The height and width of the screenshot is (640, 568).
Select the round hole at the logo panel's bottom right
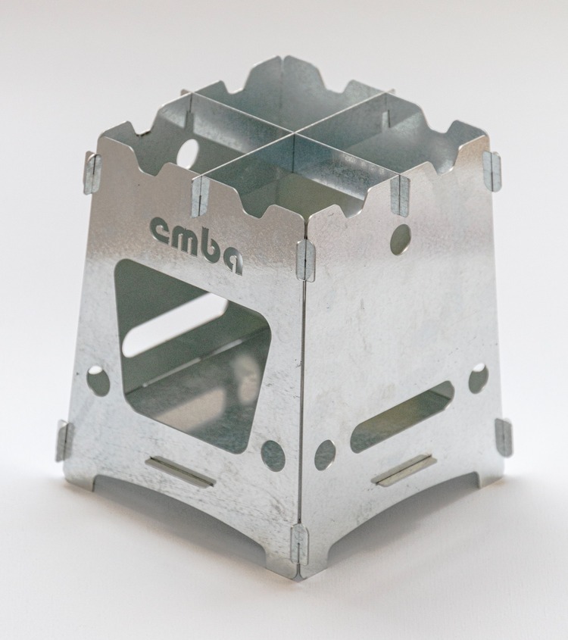pyautogui.click(x=273, y=454)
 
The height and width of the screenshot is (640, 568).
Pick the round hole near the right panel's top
pyautogui.click(x=400, y=238)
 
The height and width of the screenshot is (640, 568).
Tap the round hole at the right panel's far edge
pyautogui.click(x=478, y=379)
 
